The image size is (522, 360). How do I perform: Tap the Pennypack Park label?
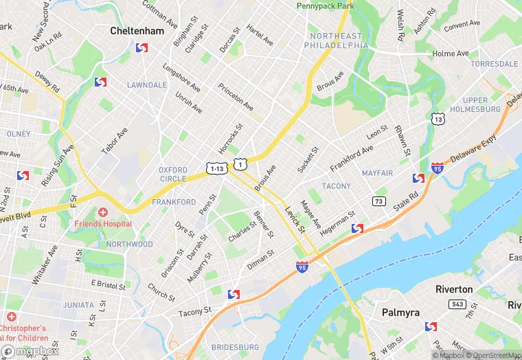point(326,5)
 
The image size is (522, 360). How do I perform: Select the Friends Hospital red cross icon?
point(103,213)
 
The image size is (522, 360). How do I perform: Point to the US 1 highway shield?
point(240,164)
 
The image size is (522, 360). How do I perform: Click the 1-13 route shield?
point(216,168)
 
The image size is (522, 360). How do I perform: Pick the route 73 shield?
point(378,201)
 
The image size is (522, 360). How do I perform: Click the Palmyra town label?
point(400,313)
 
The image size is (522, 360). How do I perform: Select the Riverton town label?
point(454,289)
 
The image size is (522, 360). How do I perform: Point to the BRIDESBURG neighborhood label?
point(235,348)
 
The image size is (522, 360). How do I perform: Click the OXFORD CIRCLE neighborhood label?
point(172,175)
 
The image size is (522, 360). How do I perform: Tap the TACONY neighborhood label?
point(336,186)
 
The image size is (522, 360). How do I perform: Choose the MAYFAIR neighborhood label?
point(377,173)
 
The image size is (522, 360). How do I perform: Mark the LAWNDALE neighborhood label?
point(147,85)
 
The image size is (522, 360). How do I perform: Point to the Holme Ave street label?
point(450,54)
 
